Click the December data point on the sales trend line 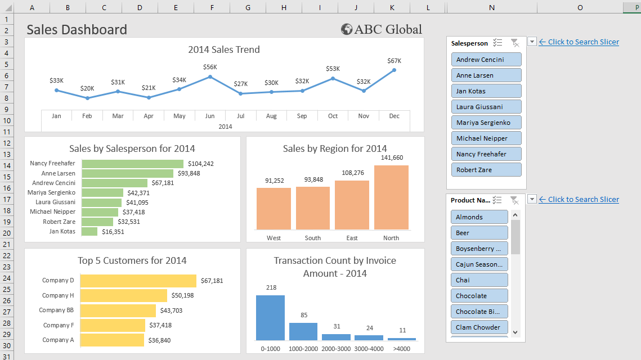(x=394, y=70)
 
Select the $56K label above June (x=210, y=67)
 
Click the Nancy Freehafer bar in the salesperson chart (x=132, y=164)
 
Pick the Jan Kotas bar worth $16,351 (x=89, y=231)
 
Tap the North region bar (x=391, y=197)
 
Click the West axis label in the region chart (x=274, y=238)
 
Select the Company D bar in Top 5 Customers (x=138, y=281)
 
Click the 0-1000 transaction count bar (x=270, y=318)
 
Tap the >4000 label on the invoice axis (x=402, y=349)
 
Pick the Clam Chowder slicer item (x=479, y=327)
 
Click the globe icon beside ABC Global (x=347, y=29)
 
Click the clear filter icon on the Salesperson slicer (x=514, y=43)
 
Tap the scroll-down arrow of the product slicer (x=516, y=332)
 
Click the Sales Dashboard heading (x=77, y=30)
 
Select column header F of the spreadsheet (x=212, y=7)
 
